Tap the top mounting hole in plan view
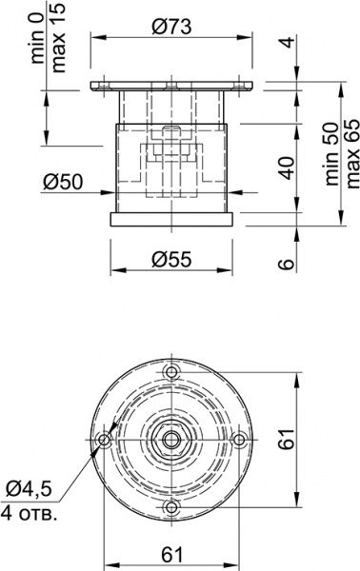coord(172,370)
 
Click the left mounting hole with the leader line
coord(104,439)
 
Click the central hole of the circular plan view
coord(172,439)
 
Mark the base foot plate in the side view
coord(172,220)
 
